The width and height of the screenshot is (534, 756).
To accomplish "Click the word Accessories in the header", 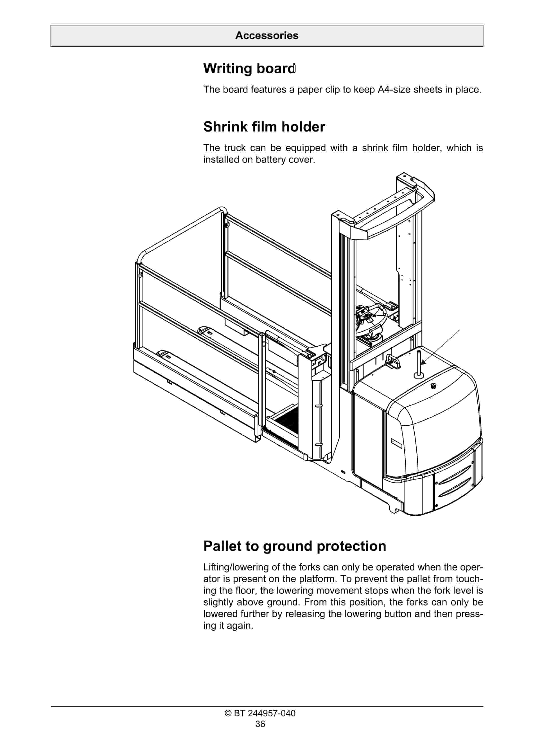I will [x=267, y=35].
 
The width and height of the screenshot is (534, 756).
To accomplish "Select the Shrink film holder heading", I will [x=264, y=127].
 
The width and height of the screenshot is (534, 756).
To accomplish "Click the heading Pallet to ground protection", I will [x=295, y=546].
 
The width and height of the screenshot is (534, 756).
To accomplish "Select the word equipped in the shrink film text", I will [x=305, y=148].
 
